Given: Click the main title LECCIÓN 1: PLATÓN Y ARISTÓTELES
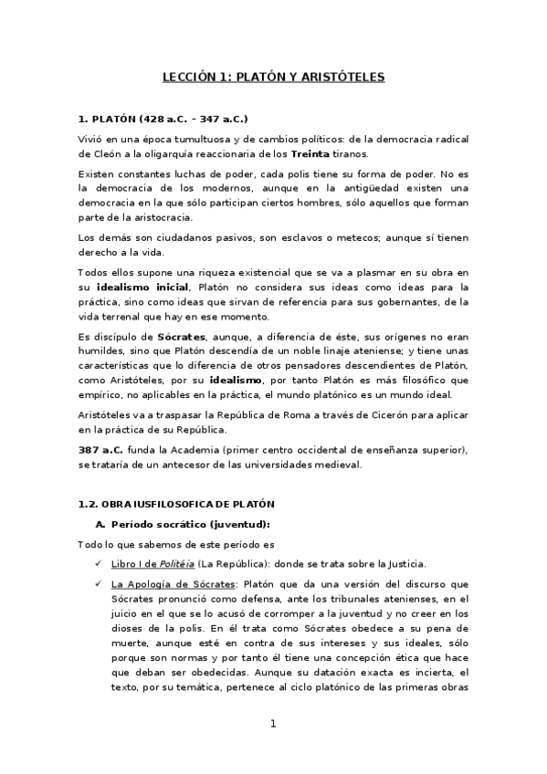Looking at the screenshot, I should (x=273, y=78).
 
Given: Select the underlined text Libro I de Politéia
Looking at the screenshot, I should (x=153, y=562).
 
